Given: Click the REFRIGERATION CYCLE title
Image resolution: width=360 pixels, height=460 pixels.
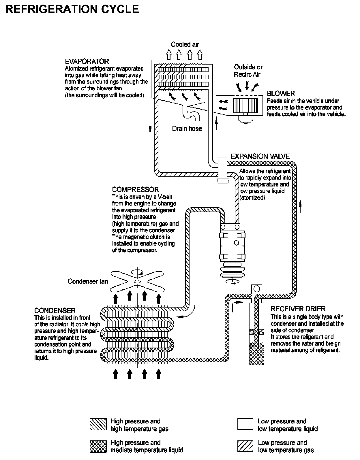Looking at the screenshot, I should pyautogui.click(x=72, y=9).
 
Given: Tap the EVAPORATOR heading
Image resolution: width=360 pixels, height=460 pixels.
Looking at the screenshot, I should pyautogui.click(x=87, y=61).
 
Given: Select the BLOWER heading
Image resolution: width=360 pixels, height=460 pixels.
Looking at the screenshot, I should pyautogui.click(x=281, y=93).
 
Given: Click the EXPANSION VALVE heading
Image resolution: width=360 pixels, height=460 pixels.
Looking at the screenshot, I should pyautogui.click(x=260, y=157).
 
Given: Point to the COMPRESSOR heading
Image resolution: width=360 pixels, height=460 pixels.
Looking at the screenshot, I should pyautogui.click(x=135, y=190).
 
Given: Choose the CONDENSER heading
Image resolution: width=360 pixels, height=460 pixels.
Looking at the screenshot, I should pyautogui.click(x=55, y=310).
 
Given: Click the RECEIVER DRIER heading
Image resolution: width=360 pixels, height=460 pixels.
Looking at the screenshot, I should pyautogui.click(x=298, y=309).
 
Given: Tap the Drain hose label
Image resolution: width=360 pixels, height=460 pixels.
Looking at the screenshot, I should pyautogui.click(x=187, y=129).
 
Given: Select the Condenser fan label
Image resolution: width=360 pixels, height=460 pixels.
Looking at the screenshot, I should pyautogui.click(x=88, y=281).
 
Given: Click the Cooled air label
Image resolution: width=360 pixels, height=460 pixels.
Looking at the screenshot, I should pyautogui.click(x=185, y=44).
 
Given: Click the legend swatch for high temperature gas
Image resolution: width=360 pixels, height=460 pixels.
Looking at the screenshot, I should pyautogui.click(x=98, y=425).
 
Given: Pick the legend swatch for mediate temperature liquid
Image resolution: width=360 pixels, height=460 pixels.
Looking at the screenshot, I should pyautogui.click(x=98, y=446).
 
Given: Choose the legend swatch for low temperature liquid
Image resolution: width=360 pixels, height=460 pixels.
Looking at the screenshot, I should pyautogui.click(x=245, y=425).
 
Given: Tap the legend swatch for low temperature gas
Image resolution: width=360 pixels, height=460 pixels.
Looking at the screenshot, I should pyautogui.click(x=245, y=446).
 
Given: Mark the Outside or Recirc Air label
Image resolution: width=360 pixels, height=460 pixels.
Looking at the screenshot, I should pyautogui.click(x=248, y=71).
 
